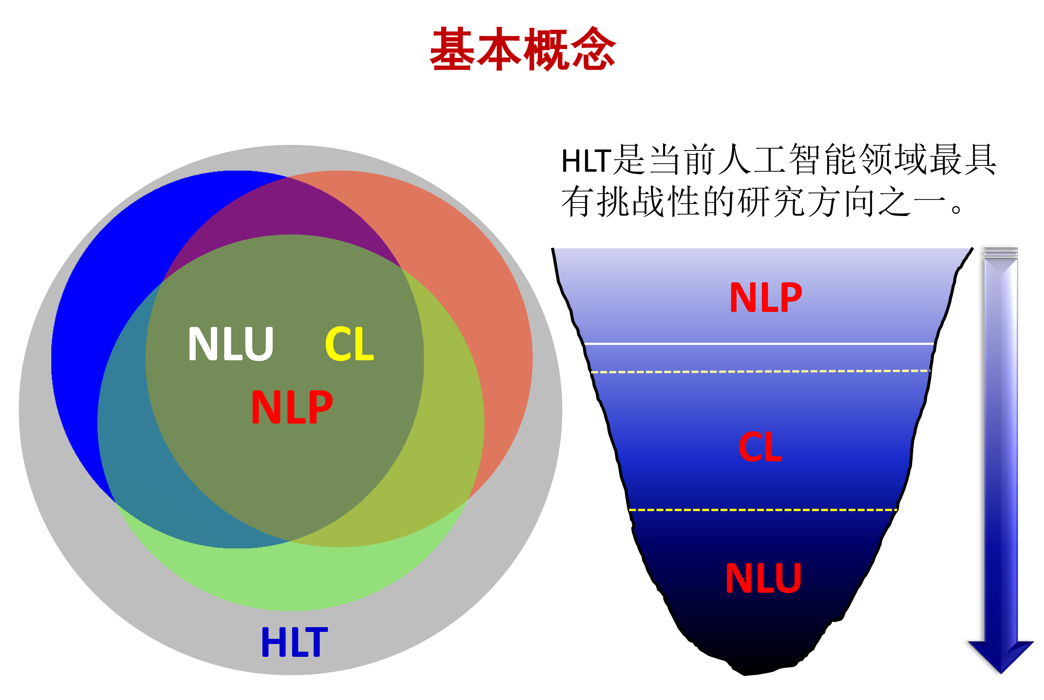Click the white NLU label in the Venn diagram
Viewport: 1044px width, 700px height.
tap(230, 343)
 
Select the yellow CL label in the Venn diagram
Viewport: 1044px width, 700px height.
tap(349, 343)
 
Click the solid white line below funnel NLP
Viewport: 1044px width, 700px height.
tap(759, 344)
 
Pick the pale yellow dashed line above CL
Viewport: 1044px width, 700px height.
tap(759, 371)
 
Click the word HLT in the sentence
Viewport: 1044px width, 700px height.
tap(586, 161)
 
